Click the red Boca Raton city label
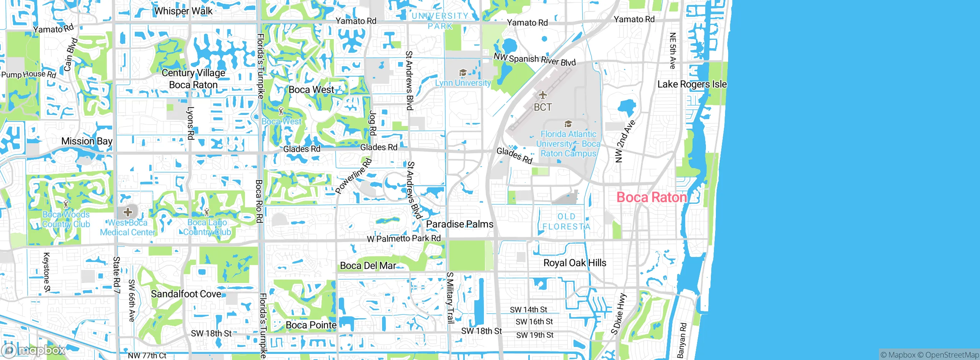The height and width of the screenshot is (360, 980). click(652, 198)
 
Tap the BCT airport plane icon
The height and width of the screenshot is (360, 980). click(542, 95)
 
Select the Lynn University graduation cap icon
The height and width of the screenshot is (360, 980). click(462, 73)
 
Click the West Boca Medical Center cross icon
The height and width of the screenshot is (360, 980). click(127, 212)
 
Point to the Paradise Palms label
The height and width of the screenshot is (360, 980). click(459, 224)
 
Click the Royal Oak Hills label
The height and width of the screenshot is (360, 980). click(575, 263)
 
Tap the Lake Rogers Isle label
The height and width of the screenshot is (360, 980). click(691, 84)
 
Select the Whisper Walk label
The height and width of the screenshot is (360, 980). click(183, 11)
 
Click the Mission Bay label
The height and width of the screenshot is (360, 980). click(87, 141)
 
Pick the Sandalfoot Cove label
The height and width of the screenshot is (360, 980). click(186, 294)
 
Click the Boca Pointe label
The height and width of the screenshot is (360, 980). click(311, 325)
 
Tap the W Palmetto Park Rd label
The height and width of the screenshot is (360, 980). click(403, 238)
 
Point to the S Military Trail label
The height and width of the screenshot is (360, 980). click(450, 298)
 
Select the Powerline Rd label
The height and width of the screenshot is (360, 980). click(353, 176)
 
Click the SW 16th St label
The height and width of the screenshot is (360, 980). click(534, 322)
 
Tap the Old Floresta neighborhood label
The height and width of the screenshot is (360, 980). click(566, 222)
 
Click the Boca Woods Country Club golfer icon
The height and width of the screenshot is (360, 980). click(66, 204)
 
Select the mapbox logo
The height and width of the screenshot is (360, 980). click(34, 350)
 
